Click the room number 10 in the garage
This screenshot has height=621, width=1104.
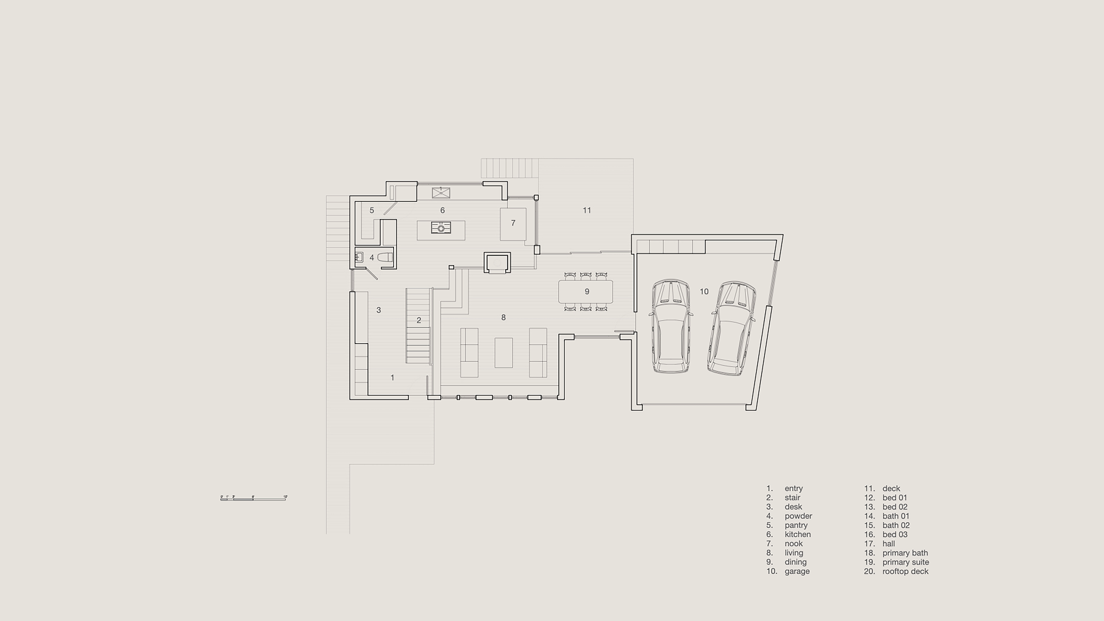(x=704, y=292)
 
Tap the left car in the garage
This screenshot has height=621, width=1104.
(x=670, y=326)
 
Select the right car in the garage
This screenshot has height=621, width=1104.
(x=731, y=328)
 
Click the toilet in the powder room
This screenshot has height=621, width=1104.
(x=386, y=257)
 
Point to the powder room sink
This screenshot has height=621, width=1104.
(x=359, y=257)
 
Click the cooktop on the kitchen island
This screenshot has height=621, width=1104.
(x=441, y=227)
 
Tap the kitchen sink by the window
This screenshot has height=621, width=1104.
(x=441, y=193)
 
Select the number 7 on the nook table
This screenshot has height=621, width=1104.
(x=513, y=223)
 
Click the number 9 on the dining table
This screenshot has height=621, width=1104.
(x=587, y=292)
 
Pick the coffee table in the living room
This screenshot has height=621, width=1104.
(x=503, y=352)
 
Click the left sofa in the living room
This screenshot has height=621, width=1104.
(x=469, y=352)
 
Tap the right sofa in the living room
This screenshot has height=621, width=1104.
(x=538, y=352)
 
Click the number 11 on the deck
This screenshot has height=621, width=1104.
(x=586, y=210)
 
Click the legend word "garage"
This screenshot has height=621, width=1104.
(x=797, y=571)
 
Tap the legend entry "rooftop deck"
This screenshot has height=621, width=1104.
(x=905, y=571)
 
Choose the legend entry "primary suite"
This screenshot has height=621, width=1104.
(x=905, y=562)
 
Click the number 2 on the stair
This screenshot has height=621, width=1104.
(x=419, y=320)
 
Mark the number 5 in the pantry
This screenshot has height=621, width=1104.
(x=372, y=210)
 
